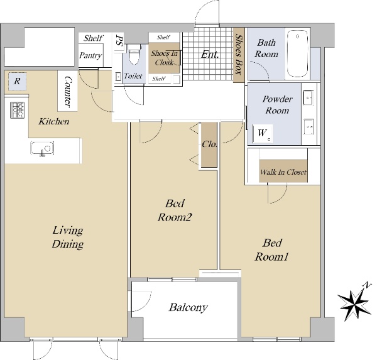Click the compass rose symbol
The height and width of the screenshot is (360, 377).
[x=353, y=302]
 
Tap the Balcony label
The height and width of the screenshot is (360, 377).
[x=188, y=308]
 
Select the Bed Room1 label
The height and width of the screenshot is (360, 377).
[x=271, y=250]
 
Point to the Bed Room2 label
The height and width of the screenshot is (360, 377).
[x=175, y=210]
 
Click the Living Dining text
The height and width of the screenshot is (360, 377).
[x=68, y=237]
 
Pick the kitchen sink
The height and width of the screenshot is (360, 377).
[x=42, y=148]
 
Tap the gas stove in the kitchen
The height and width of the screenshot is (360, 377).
[x=18, y=110]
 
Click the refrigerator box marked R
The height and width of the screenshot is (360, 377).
[x=17, y=81]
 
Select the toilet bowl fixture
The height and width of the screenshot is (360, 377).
[x=134, y=55]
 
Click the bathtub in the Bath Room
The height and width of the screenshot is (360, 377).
[x=298, y=53]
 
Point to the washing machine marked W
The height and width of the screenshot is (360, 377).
[x=262, y=133]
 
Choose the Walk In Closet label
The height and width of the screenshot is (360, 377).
[x=283, y=172]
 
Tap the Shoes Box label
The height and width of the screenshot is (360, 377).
[x=239, y=54]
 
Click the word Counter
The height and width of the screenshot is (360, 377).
[x=68, y=92]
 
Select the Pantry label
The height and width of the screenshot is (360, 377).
[x=90, y=55]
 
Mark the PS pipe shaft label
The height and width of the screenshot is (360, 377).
[x=119, y=40]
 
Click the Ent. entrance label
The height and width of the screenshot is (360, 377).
[x=210, y=55]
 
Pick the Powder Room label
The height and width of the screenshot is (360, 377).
[x=277, y=105]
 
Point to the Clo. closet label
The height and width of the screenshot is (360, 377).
[x=209, y=144]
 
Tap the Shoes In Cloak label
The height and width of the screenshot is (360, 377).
[x=164, y=58]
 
